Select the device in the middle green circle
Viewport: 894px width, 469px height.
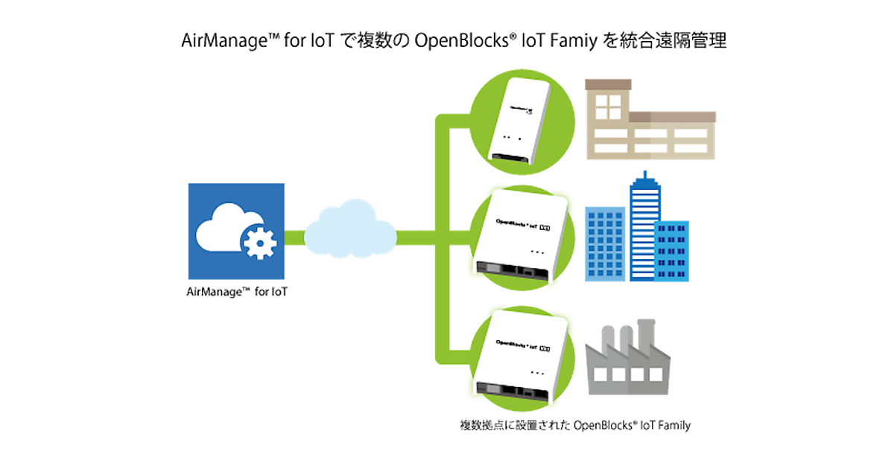click(520, 235)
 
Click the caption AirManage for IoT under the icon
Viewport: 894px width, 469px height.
click(236, 293)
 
